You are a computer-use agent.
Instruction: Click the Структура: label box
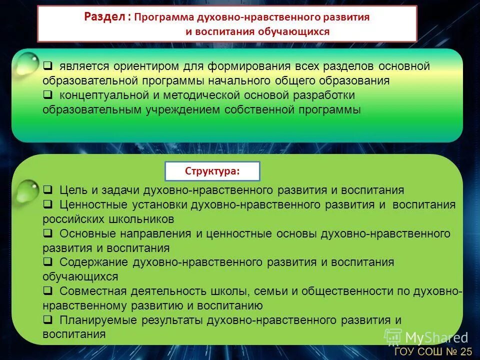point(212,171)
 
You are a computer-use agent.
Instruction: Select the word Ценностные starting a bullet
point(93,205)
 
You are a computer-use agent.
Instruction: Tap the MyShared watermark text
point(436,337)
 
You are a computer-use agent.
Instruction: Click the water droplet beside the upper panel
point(27,63)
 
